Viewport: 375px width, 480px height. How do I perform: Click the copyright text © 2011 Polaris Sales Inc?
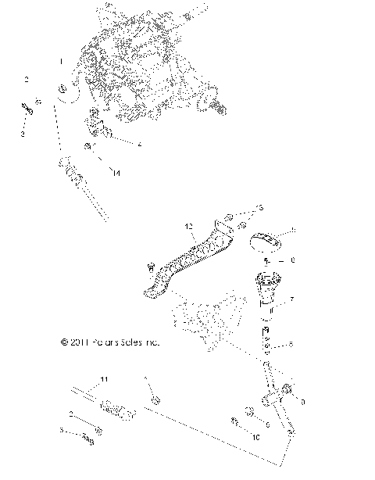coord(109,342)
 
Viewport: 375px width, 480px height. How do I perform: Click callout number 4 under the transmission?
coord(139,145)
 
